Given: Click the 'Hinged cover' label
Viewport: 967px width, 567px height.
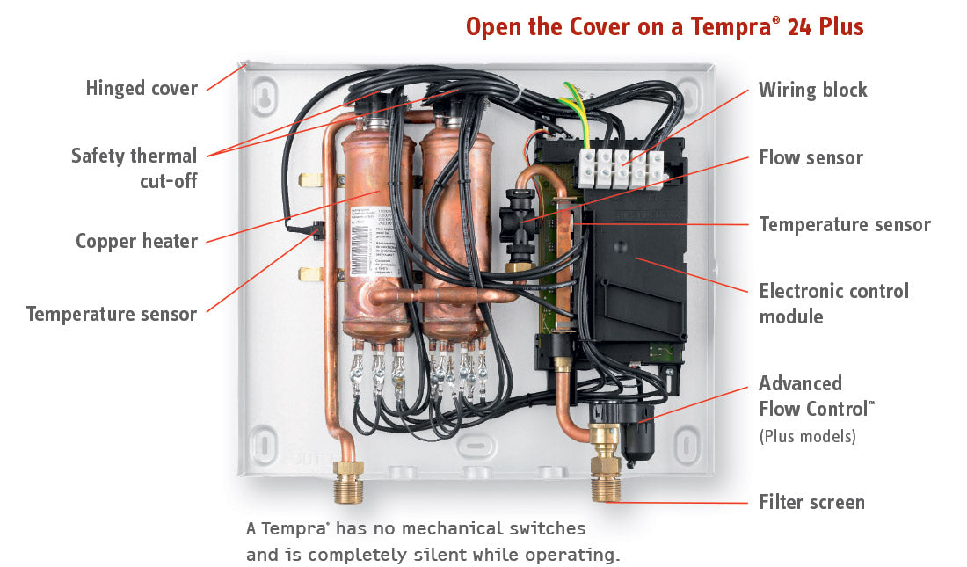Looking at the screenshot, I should [x=142, y=88].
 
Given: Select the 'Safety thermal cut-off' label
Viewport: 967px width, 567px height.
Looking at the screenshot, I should [x=134, y=168].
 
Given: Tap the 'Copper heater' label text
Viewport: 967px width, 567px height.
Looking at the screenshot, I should [x=136, y=240].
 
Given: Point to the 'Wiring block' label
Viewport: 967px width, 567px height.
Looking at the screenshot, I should [x=812, y=90].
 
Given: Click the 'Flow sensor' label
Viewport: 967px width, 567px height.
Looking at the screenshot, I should [x=811, y=158].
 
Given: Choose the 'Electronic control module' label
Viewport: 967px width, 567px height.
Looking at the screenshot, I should [x=833, y=303].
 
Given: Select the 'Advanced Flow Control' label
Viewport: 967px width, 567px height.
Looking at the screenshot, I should [x=817, y=396].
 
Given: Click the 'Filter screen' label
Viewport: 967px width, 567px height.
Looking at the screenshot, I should [x=811, y=503].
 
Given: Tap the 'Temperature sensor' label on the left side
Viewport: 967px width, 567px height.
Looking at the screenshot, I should [x=112, y=314].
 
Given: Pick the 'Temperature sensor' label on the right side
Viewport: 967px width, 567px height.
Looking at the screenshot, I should [x=844, y=224].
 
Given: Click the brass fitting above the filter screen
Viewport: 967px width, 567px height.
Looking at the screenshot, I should [x=604, y=448].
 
